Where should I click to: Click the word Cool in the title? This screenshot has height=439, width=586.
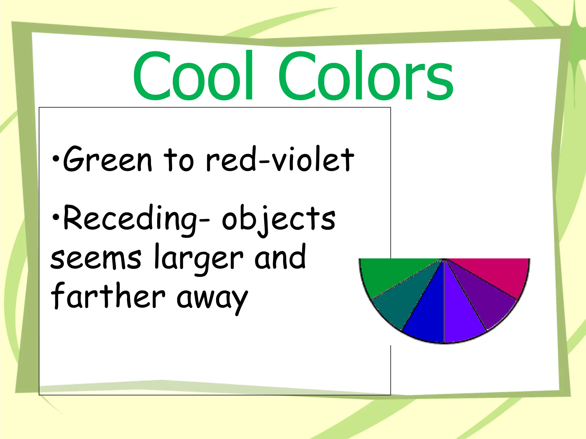click(193, 76)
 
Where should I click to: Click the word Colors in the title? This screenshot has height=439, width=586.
click(366, 76)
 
